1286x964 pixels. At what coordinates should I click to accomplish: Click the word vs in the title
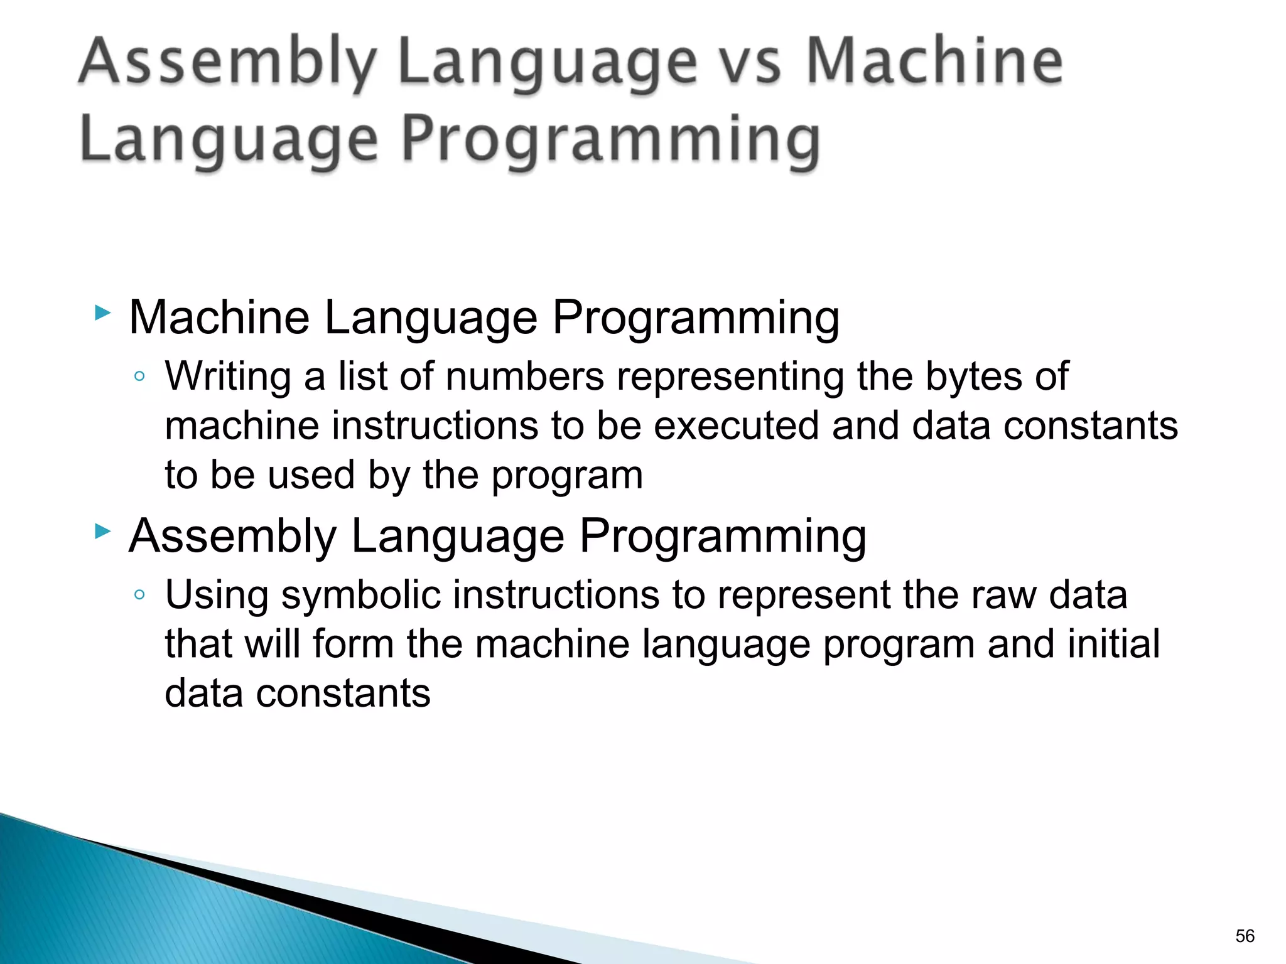coord(751,63)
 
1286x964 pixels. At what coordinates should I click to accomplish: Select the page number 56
coord(1245,936)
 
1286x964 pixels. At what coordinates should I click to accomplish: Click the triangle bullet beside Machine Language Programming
coord(102,313)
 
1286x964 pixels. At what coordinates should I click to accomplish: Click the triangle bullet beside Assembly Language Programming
coord(102,532)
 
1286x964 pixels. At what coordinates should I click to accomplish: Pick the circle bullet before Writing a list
coord(139,377)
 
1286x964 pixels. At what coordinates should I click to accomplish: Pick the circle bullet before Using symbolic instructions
coord(139,595)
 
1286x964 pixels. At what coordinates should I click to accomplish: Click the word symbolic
coord(361,595)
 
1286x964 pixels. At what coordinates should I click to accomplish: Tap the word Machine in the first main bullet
coord(219,318)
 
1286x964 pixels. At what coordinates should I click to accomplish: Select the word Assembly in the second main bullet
coord(233,537)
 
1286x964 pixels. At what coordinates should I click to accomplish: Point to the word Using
coord(217,595)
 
